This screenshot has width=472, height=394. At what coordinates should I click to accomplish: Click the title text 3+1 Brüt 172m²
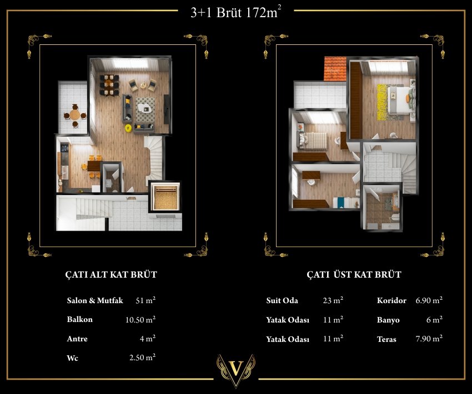pos(236,13)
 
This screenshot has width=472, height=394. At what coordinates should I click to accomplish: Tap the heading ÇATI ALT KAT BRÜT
pos(111,274)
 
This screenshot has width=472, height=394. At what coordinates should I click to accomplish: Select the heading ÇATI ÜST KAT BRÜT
pos(354,274)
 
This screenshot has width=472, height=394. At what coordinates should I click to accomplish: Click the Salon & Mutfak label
pos(95,300)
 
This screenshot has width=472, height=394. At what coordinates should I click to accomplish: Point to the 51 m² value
pos(145,300)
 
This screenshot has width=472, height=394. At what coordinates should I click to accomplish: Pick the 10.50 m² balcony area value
pos(140,320)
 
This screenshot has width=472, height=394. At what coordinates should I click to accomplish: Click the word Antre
pos(77,339)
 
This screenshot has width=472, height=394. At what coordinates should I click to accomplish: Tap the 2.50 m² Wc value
pos(142,357)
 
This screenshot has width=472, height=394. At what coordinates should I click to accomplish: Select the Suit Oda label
pos(282,300)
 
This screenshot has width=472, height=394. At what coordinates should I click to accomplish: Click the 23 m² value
pos(333,300)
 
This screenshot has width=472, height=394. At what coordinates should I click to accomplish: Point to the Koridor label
pos(391,300)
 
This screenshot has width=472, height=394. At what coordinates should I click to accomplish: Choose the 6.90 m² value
pos(429,300)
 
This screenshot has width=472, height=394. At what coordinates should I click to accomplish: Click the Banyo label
pos(388,320)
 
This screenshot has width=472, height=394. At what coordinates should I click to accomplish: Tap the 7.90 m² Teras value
pos(429,339)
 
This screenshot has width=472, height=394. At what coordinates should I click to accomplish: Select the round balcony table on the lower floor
pos(74,115)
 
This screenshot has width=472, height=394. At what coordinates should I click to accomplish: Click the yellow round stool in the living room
pos(128,128)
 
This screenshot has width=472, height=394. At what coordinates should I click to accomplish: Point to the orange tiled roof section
pos(335,69)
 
